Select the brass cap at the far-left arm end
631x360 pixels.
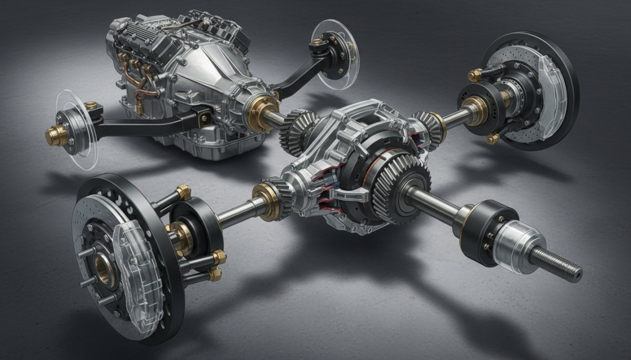[x=55, y=136]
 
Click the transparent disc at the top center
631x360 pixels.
[x=337, y=53]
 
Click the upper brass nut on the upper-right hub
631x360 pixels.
[x=475, y=75]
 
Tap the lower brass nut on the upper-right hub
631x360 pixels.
[x=493, y=138]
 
